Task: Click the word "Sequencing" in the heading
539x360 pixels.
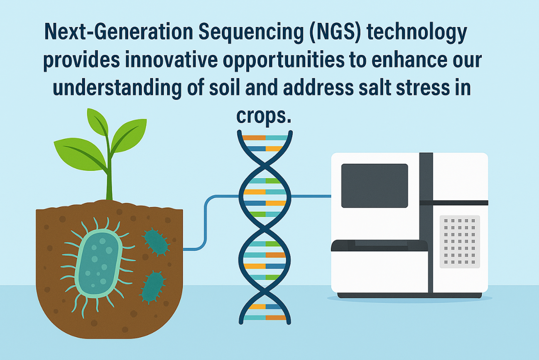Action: click(x=251, y=32)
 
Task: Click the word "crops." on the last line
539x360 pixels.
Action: click(x=264, y=116)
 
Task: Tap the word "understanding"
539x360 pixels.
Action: click(x=117, y=88)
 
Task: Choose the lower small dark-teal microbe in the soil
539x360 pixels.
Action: click(x=152, y=287)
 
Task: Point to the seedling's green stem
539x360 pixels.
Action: click(x=110, y=173)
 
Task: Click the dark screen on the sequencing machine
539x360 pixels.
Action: click(x=375, y=186)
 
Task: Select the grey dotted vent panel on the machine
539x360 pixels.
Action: click(x=460, y=241)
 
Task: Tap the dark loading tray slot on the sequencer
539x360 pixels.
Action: click(x=380, y=246)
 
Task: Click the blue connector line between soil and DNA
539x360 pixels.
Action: click(x=205, y=223)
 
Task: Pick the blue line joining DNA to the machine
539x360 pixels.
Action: click(x=311, y=196)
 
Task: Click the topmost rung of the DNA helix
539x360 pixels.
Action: click(x=265, y=138)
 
